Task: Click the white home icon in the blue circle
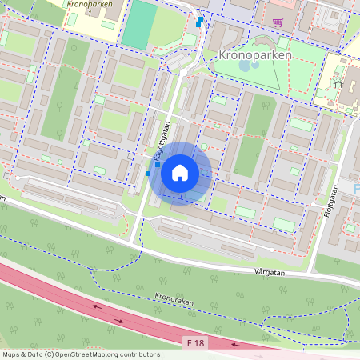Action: click(x=180, y=172)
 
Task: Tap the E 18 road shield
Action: click(x=195, y=342)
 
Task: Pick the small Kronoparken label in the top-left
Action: click(x=90, y=4)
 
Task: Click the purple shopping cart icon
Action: click(x=278, y=22)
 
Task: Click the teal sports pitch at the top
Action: click(x=139, y=24)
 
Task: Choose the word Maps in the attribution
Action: click(x=12, y=354)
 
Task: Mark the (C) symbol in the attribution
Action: click(x=49, y=354)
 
